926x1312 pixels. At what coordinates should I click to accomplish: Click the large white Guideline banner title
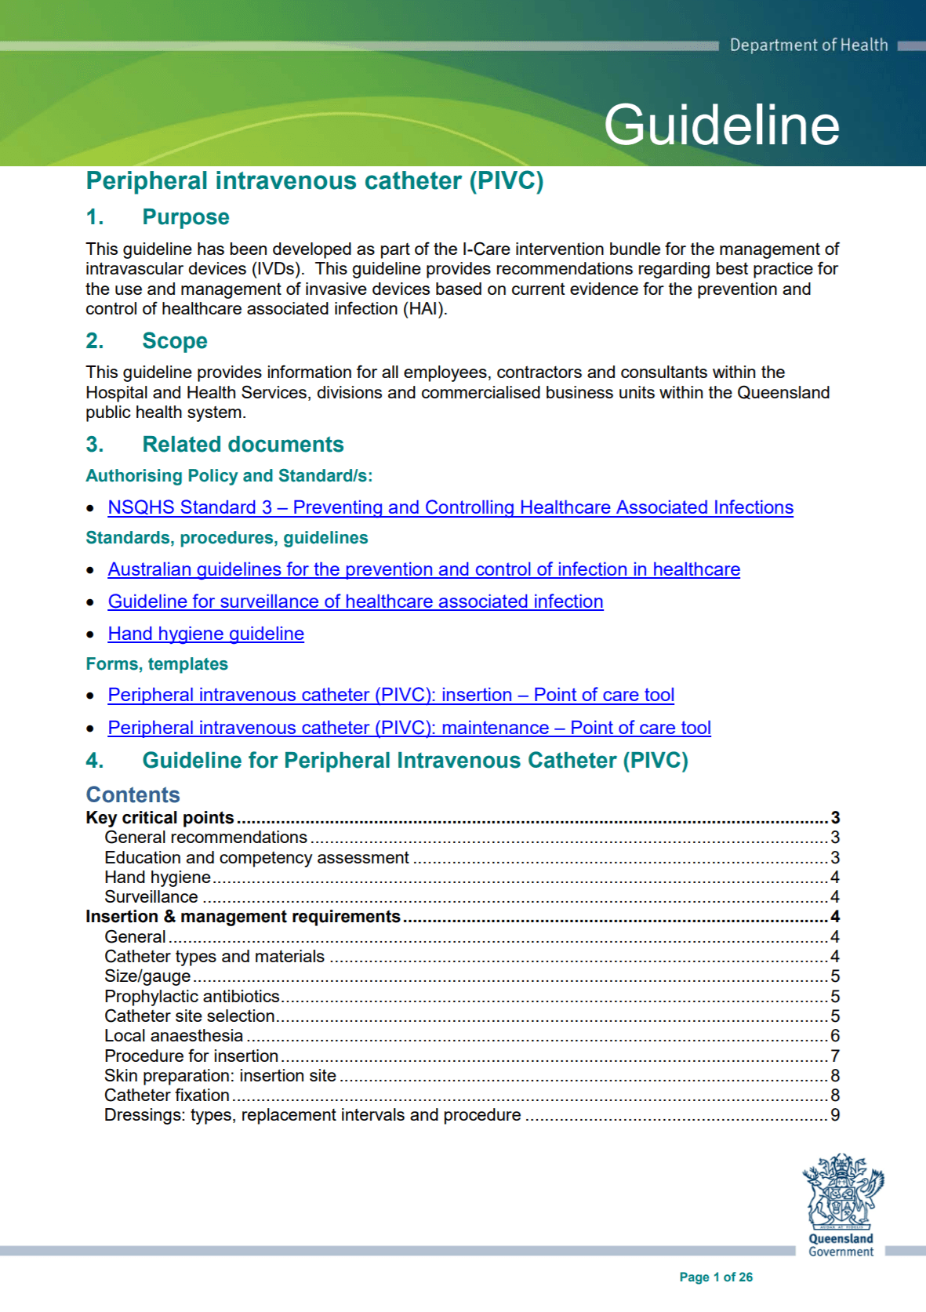pyautogui.click(x=721, y=125)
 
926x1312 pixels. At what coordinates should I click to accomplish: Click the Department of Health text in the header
pyautogui.click(x=808, y=45)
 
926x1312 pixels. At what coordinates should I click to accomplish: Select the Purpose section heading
pyautogui.click(x=185, y=217)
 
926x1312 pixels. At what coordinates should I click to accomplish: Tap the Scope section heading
pyautogui.click(x=174, y=341)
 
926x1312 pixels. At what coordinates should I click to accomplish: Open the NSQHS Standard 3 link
pyautogui.click(x=450, y=507)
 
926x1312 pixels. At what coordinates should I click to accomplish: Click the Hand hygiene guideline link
pyautogui.click(x=205, y=634)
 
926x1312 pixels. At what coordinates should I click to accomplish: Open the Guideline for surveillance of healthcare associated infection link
pyautogui.click(x=355, y=601)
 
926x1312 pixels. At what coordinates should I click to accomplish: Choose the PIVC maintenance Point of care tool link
pyautogui.click(x=409, y=728)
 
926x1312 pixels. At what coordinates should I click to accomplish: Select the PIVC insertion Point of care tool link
pyautogui.click(x=390, y=695)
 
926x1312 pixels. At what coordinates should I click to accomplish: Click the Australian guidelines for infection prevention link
pyautogui.click(x=423, y=569)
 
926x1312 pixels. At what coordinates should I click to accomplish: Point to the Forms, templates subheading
pyautogui.click(x=157, y=664)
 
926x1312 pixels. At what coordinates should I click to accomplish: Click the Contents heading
pyautogui.click(x=133, y=794)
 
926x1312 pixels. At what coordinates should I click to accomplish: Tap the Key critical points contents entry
pyautogui.click(x=160, y=817)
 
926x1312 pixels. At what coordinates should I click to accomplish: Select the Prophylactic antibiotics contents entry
pyautogui.click(x=192, y=996)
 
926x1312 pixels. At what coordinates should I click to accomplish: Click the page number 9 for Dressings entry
pyautogui.click(x=835, y=1115)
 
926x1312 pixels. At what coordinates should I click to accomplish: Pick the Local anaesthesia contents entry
pyautogui.click(x=173, y=1036)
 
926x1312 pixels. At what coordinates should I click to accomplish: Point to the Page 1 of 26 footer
pyautogui.click(x=715, y=1277)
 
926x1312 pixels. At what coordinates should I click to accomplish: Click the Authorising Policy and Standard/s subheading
pyautogui.click(x=229, y=476)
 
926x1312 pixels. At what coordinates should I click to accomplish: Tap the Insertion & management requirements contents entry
pyautogui.click(x=243, y=917)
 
